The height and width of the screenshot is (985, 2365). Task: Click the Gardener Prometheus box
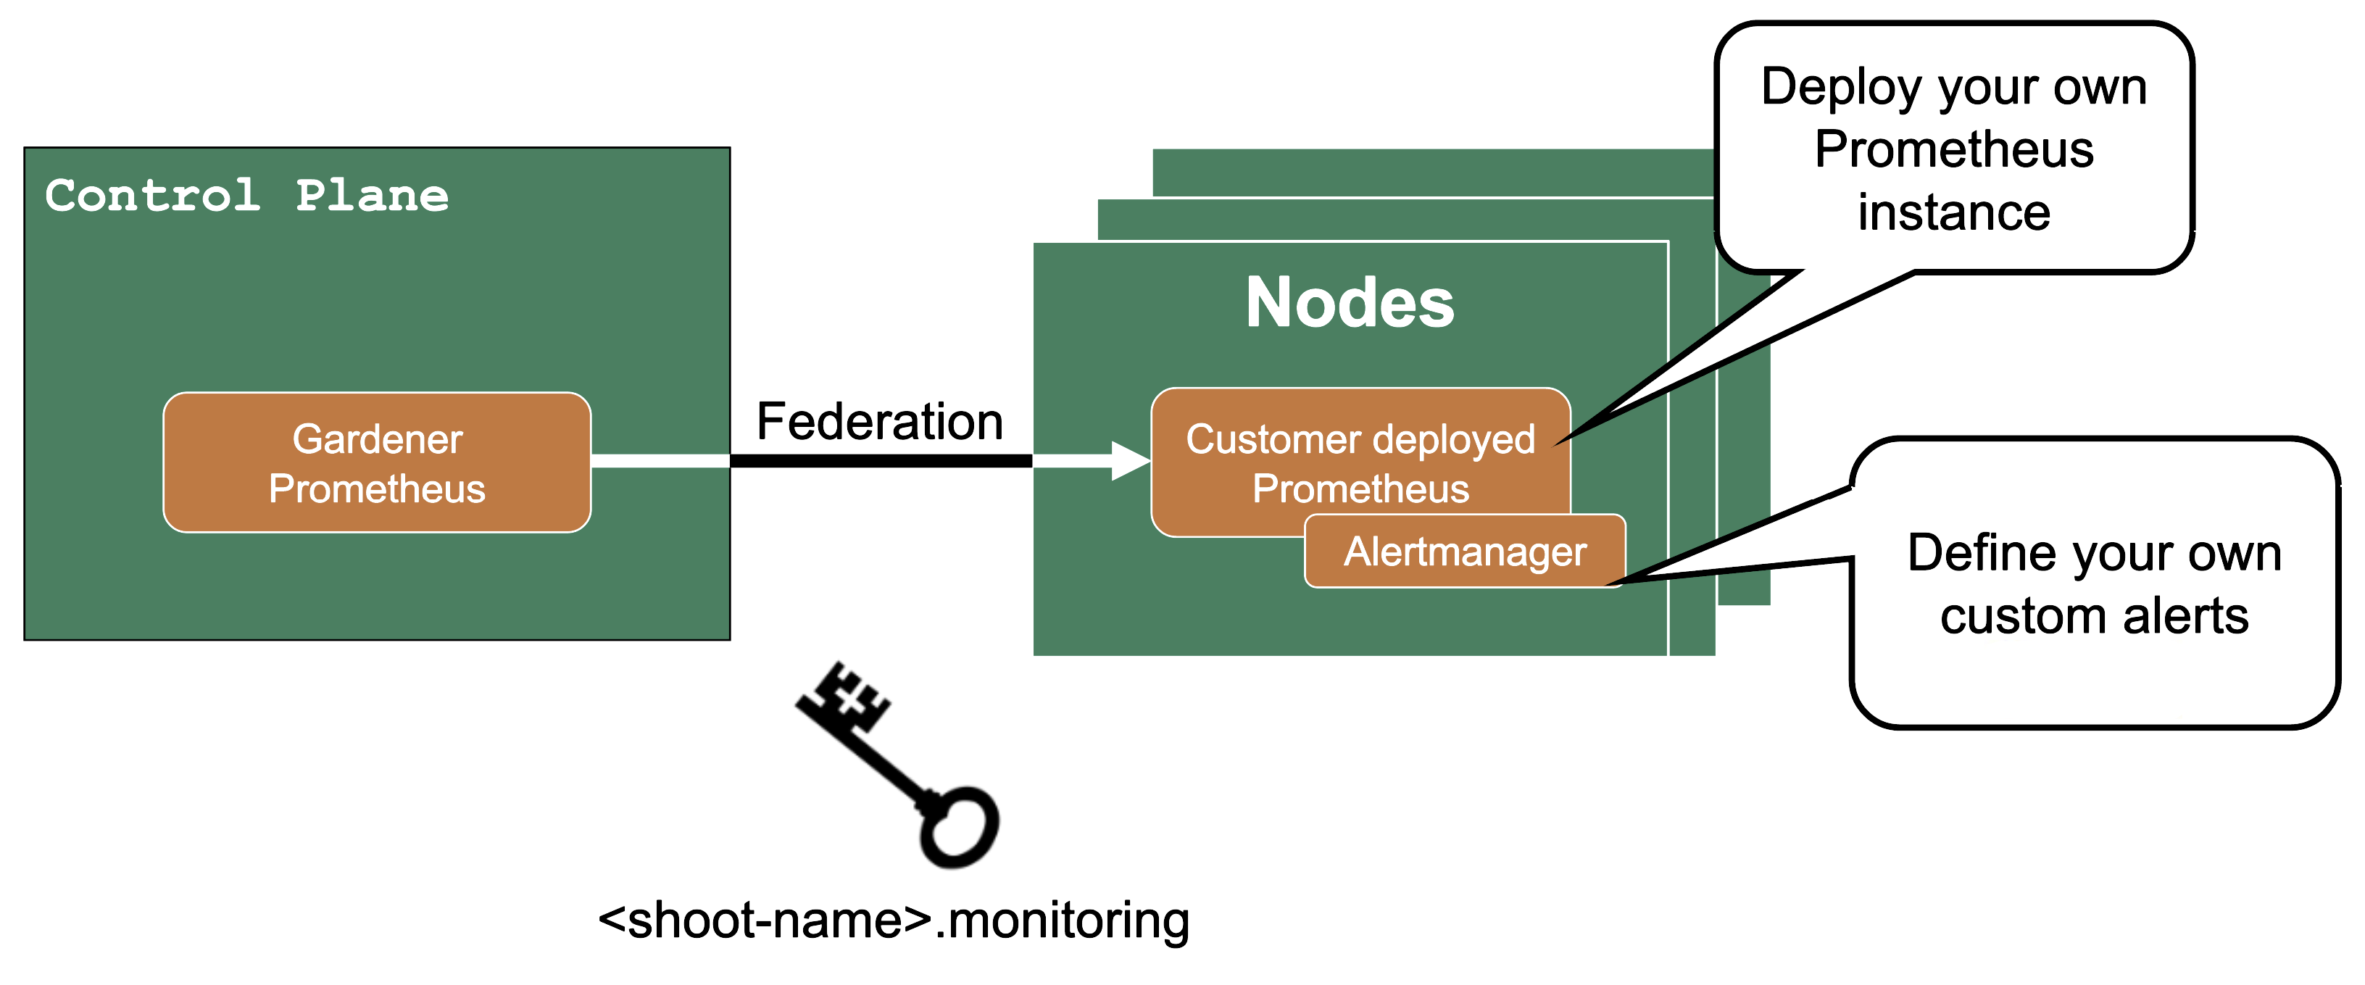(376, 462)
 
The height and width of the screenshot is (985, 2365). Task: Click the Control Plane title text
(246, 196)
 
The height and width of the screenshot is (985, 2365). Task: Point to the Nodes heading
(1350, 302)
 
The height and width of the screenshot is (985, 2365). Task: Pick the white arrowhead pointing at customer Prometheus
(1129, 461)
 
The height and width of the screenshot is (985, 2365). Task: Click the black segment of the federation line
(881, 461)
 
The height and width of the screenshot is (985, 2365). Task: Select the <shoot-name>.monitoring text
(893, 920)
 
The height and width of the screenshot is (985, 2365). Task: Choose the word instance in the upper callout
(1954, 212)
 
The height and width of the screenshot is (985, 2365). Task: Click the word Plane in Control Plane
(372, 196)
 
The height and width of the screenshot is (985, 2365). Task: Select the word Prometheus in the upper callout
(1954, 149)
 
